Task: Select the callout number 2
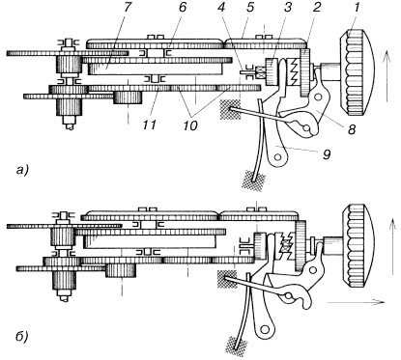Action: pos(317,8)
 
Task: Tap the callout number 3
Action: pos(287,8)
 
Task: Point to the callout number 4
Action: pos(221,8)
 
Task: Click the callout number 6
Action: pos(183,8)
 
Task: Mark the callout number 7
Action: pos(128,8)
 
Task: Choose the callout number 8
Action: pos(352,129)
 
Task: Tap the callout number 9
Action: pos(327,154)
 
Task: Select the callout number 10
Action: pos(190,125)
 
